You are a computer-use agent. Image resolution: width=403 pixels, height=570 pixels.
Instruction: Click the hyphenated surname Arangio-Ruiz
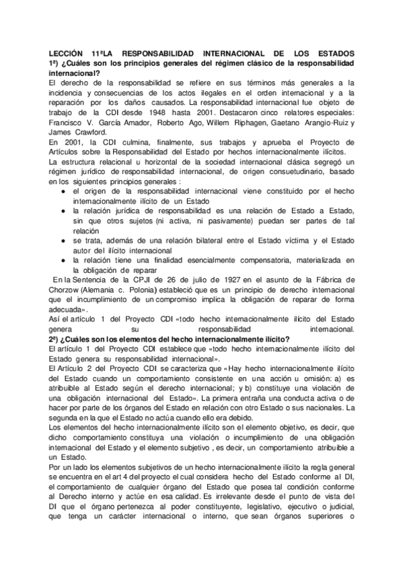tap(322, 122)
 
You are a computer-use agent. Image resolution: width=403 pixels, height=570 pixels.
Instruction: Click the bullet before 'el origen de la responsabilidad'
tap(63, 192)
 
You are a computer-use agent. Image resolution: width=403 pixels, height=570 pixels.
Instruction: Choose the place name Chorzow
tap(65, 289)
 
